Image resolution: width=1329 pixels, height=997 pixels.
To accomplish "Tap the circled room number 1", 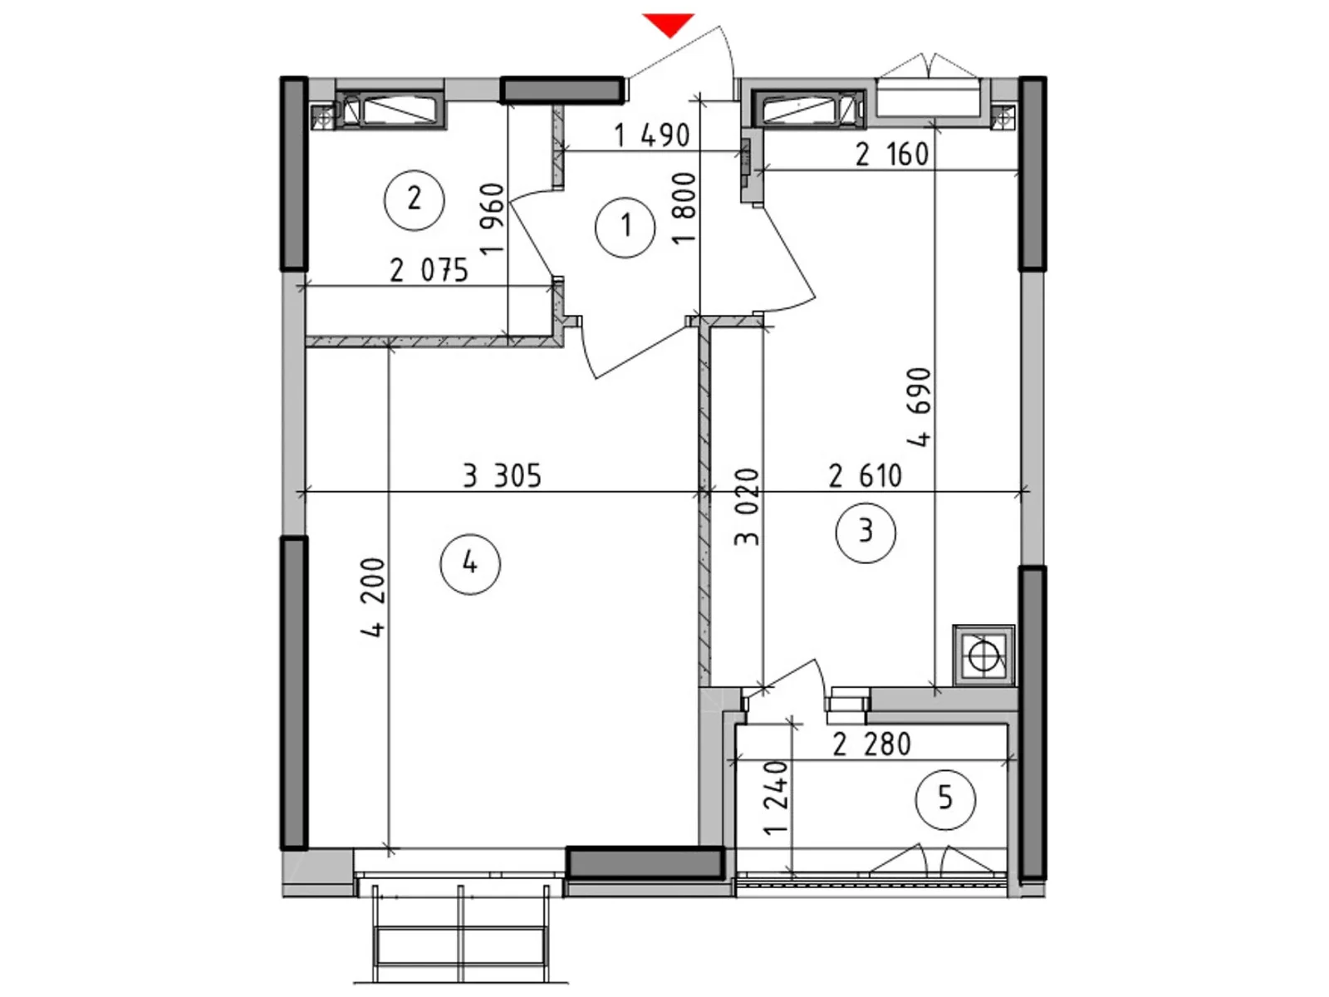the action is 625,227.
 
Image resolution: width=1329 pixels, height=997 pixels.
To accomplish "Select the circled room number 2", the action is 414,199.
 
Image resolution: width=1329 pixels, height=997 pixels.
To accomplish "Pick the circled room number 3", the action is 866,532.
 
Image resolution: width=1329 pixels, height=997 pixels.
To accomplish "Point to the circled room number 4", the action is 470,563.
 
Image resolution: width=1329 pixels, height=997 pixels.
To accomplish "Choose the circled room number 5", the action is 945,799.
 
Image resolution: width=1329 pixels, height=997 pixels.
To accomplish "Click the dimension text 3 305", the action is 502,476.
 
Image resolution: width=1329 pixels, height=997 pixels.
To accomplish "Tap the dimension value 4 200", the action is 373,598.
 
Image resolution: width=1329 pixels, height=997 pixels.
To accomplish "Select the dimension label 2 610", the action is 866,476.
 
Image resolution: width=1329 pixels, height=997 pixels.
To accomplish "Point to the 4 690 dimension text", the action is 919,407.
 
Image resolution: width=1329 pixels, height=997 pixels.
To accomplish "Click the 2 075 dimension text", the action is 429,270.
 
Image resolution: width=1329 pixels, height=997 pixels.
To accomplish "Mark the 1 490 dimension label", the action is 652,135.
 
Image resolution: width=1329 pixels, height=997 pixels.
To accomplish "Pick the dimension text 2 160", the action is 892,155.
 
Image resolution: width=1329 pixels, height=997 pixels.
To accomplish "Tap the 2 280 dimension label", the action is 871,744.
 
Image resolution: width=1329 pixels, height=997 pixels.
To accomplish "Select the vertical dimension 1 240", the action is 776,798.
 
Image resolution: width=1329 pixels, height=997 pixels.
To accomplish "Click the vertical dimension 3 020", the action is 746,508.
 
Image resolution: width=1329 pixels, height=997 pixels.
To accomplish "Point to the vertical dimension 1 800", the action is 684,208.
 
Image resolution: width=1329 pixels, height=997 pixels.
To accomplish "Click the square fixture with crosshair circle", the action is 983,655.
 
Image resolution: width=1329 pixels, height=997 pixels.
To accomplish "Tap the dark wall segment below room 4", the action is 645,864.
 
